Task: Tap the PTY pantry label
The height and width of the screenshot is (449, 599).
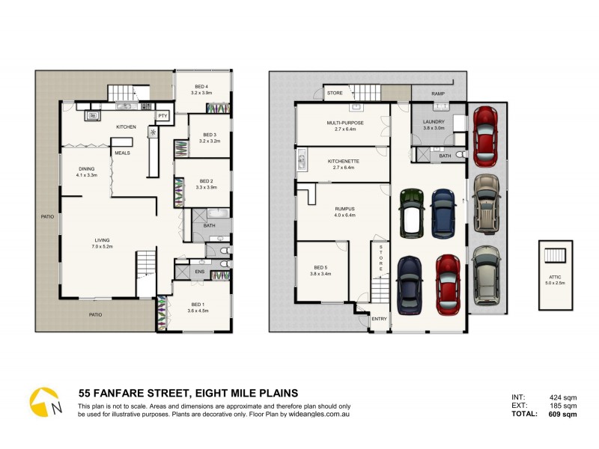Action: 162,116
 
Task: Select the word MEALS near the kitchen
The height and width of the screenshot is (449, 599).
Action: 122,152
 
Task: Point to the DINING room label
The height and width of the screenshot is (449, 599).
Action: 87,169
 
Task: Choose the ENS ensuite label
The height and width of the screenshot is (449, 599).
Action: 200,271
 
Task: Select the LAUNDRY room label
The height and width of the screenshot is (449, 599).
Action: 434,121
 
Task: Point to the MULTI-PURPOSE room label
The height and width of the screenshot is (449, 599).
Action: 345,122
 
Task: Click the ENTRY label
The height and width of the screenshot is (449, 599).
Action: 379,320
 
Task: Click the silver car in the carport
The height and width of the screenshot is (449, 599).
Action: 485,274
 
